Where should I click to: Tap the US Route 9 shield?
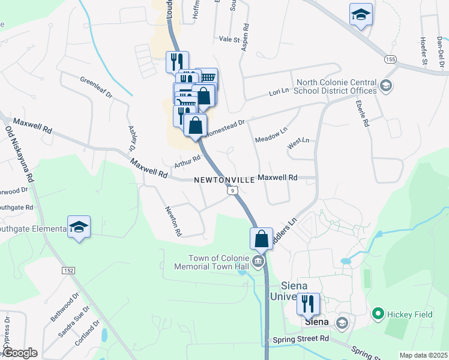(x=233, y=190)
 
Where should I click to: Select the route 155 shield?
(x=391, y=59)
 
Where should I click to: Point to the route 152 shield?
(x=68, y=271)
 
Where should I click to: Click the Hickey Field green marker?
(x=378, y=313)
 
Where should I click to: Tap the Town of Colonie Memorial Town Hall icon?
(x=258, y=261)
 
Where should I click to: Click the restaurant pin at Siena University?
(x=308, y=304)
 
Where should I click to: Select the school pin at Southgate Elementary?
(x=79, y=227)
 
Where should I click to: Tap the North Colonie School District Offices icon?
(x=386, y=86)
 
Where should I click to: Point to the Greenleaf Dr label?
(x=96, y=89)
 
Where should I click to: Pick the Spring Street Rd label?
(x=300, y=338)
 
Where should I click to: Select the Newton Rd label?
(x=173, y=221)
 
